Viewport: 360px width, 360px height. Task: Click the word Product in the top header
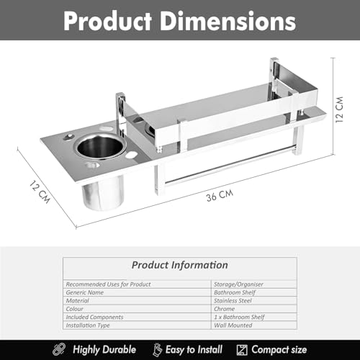[x=107, y=21]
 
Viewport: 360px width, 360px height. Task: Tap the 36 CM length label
[x=220, y=195]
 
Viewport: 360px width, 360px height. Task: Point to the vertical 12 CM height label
[x=339, y=109]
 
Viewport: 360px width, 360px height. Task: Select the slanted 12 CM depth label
[x=40, y=192]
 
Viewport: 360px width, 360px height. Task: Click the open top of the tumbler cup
[x=101, y=146]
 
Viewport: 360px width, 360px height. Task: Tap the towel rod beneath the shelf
[x=228, y=166]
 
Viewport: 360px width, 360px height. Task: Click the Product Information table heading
[x=180, y=265]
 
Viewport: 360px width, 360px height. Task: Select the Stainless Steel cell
[x=233, y=301]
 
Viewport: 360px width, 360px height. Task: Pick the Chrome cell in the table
[x=224, y=309]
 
